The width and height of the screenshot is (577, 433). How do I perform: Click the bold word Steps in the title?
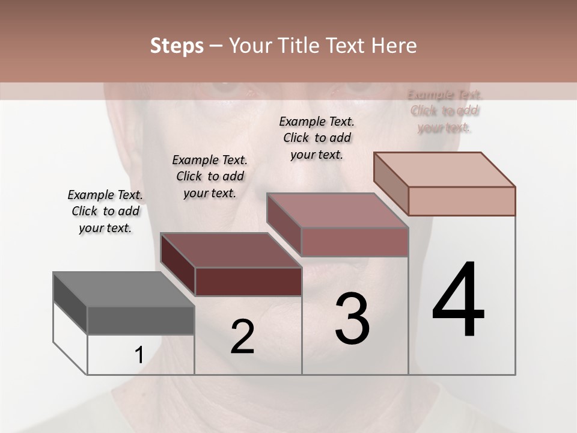[177, 46]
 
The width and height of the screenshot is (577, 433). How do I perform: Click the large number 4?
[458, 300]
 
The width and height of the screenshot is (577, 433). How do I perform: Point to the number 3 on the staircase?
[352, 319]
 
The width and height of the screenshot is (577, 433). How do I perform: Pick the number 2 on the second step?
[242, 337]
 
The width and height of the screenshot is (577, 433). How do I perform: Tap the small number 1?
[139, 355]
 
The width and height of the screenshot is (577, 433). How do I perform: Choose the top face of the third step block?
[337, 210]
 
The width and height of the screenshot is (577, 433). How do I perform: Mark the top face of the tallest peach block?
[444, 170]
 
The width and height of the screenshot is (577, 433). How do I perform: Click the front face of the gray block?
[141, 321]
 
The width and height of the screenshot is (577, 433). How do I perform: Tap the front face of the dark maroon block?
[248, 281]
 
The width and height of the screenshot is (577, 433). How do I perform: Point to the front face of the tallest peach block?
[462, 201]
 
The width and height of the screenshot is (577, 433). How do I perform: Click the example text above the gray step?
[105, 212]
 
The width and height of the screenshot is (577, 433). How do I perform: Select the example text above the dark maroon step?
[210, 176]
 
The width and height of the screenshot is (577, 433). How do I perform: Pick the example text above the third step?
[317, 138]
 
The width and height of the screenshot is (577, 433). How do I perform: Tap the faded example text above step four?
[445, 111]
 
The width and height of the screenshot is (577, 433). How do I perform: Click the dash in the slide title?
[216, 46]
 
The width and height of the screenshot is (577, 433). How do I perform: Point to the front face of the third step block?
[355, 242]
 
